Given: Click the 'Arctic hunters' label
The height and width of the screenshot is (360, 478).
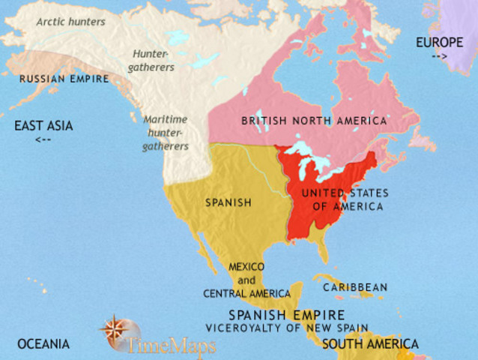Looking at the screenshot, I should coord(71,22).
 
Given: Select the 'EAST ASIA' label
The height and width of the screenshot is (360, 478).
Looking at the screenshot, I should coord(43,126).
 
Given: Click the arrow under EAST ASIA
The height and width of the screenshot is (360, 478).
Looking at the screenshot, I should coord(43,139).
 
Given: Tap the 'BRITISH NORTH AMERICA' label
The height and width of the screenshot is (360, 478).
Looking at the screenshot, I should coord(314,121).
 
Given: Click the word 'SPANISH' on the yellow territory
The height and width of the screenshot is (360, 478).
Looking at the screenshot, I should coord(228,202).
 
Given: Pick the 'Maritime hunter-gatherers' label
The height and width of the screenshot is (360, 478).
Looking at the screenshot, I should coord(166,132).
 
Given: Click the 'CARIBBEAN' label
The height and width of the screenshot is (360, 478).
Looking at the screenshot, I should coord(354,287).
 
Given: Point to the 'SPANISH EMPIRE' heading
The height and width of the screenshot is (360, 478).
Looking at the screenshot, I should coord(287,315).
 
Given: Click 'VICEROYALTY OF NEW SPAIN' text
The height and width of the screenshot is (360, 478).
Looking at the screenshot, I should coord(287,328).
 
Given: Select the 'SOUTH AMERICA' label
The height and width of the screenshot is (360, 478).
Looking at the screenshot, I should coord(370,344).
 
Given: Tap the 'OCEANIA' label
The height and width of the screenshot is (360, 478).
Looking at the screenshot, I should coord(43,344).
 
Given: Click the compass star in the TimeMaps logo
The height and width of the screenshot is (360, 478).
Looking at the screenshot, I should coord(113,330).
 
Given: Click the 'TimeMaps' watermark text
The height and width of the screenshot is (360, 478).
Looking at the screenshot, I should coord(171,346).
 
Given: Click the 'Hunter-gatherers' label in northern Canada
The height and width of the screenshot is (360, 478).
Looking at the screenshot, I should coord(154,61).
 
